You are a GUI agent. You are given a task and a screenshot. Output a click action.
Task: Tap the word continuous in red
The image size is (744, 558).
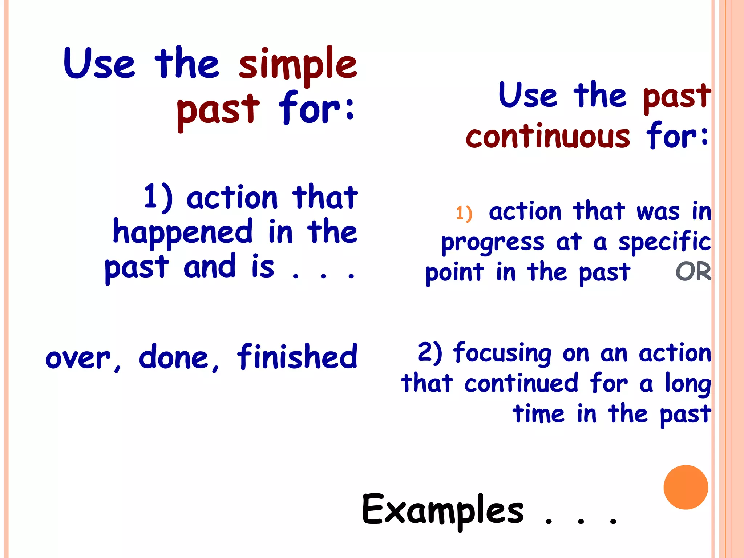tap(548, 137)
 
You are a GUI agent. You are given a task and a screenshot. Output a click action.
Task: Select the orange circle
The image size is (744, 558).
tap(686, 487)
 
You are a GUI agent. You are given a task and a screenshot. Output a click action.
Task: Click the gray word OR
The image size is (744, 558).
tap(693, 272)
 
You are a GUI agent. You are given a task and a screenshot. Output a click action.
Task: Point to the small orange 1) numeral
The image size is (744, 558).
tap(464, 213)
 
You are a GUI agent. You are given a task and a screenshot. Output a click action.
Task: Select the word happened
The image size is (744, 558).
tap(183, 232)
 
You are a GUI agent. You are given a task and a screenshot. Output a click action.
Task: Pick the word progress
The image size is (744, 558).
tap(493, 243)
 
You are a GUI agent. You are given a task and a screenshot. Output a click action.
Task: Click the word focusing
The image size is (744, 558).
tap(502, 353)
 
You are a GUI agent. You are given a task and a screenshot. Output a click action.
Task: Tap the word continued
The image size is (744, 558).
tap(521, 383)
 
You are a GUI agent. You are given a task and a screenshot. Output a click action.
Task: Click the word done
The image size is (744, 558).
tap(178, 357)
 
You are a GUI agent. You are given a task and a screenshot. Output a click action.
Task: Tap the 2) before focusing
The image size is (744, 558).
tap(430, 352)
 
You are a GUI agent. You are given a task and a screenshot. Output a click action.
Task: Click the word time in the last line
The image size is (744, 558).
tap(538, 414)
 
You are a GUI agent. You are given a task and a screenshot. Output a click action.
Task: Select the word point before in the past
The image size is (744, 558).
tap(454, 273)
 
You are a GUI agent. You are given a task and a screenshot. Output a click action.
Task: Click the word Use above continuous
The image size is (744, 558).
tap(528, 95)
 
